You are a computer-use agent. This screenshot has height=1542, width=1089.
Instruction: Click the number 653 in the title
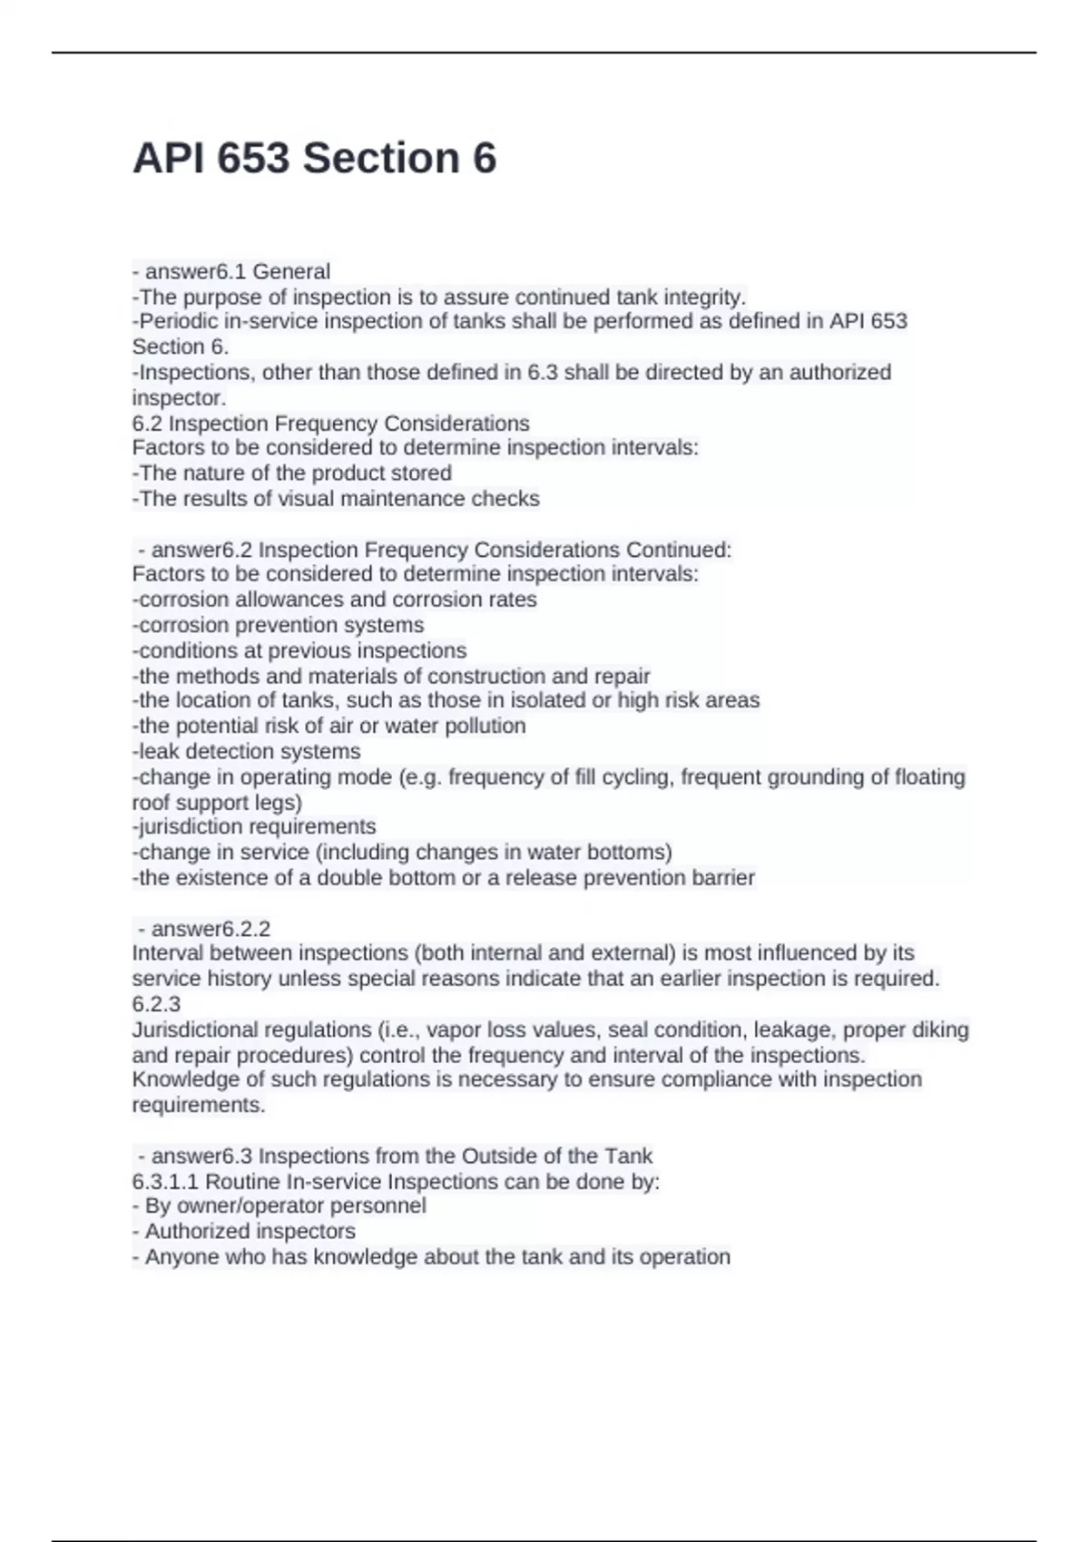click(x=250, y=159)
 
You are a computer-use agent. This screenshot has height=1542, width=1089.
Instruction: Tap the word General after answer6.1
click(x=291, y=271)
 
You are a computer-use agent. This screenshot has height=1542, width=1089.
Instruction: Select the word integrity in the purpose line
click(x=701, y=297)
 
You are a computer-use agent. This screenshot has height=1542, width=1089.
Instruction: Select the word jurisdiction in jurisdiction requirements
click(x=190, y=826)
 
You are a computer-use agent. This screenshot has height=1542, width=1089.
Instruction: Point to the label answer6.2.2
click(x=211, y=929)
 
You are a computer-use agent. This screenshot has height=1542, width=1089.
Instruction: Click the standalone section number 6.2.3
click(x=156, y=1004)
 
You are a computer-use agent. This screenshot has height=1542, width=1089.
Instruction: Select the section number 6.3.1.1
click(x=166, y=1182)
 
